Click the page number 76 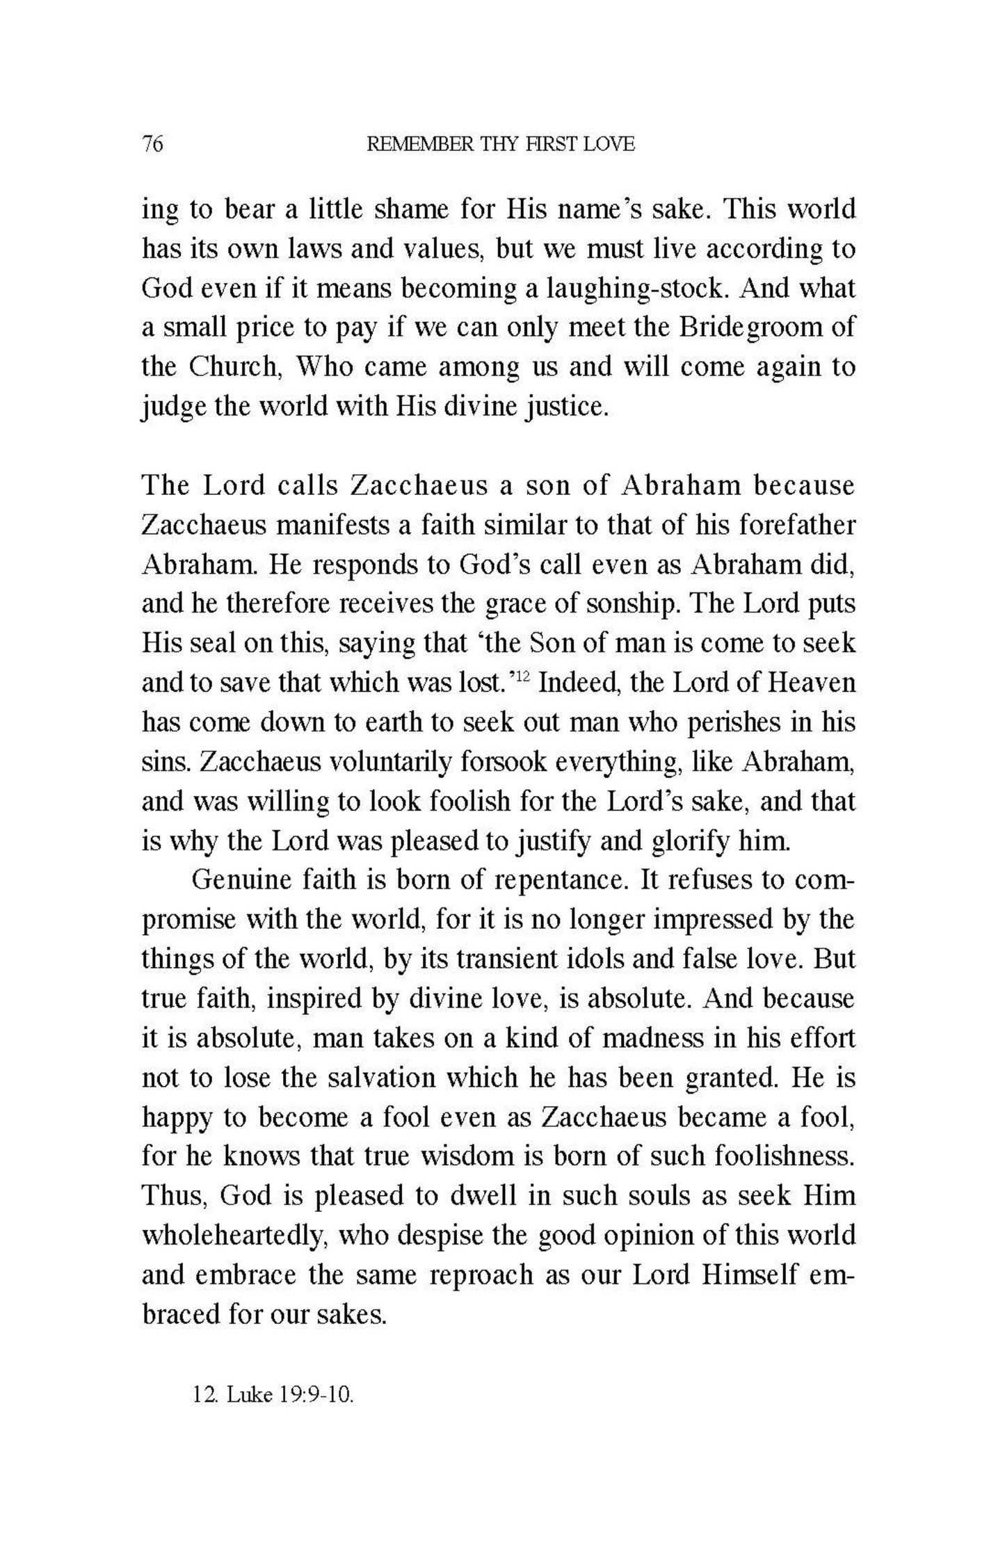[x=152, y=145]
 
